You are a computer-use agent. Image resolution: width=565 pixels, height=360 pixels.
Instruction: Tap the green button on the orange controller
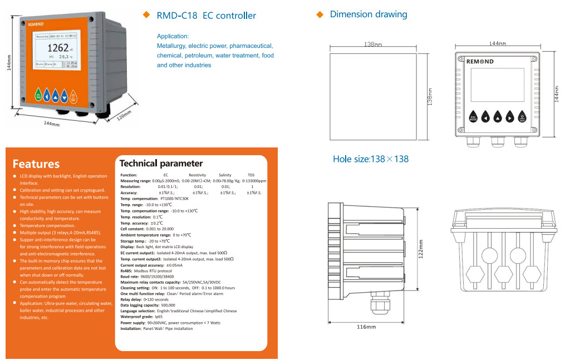[x=38, y=95]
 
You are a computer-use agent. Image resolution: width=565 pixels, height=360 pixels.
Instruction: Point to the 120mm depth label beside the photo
[x=122, y=117]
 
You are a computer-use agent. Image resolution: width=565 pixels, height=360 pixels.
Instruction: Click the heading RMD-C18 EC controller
[x=207, y=16]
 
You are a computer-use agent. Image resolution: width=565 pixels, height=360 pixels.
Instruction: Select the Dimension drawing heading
[x=369, y=14]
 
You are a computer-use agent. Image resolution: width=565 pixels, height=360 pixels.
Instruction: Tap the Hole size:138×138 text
[x=371, y=159]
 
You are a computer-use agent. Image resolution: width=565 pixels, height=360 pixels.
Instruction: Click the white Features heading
[x=36, y=164]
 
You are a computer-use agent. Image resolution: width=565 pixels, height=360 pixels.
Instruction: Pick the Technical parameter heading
[x=161, y=164]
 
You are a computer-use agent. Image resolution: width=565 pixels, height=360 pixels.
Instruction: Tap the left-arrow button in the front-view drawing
[x=485, y=117]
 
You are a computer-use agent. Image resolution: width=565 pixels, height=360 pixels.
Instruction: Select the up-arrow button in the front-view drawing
[x=498, y=117]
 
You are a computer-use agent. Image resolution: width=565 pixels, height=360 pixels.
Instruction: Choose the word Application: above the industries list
[x=173, y=36]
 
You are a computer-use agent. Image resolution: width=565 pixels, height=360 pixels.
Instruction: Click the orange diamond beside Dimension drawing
[x=320, y=14]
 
